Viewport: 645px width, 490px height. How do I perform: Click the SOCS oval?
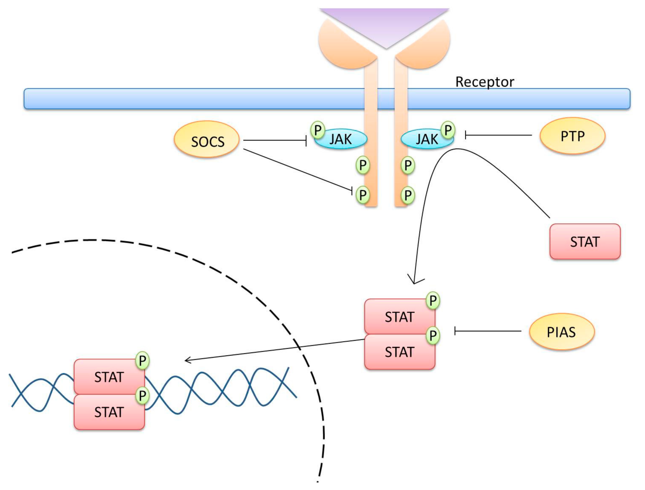click(x=206, y=139)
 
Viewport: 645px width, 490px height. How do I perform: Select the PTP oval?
click(x=572, y=136)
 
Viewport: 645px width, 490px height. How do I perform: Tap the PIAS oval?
click(x=562, y=332)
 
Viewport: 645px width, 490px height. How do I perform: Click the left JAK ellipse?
click(x=341, y=139)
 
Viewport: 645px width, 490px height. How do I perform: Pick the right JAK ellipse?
click(x=427, y=139)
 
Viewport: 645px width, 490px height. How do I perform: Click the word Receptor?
click(x=485, y=82)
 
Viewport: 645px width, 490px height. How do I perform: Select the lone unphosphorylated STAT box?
click(x=585, y=241)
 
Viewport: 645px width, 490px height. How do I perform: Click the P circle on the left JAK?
click(x=318, y=130)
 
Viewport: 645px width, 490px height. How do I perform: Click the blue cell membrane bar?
click(x=327, y=99)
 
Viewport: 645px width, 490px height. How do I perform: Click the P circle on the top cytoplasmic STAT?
click(x=433, y=300)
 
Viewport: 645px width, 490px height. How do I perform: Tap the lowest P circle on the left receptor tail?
click(x=363, y=195)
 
